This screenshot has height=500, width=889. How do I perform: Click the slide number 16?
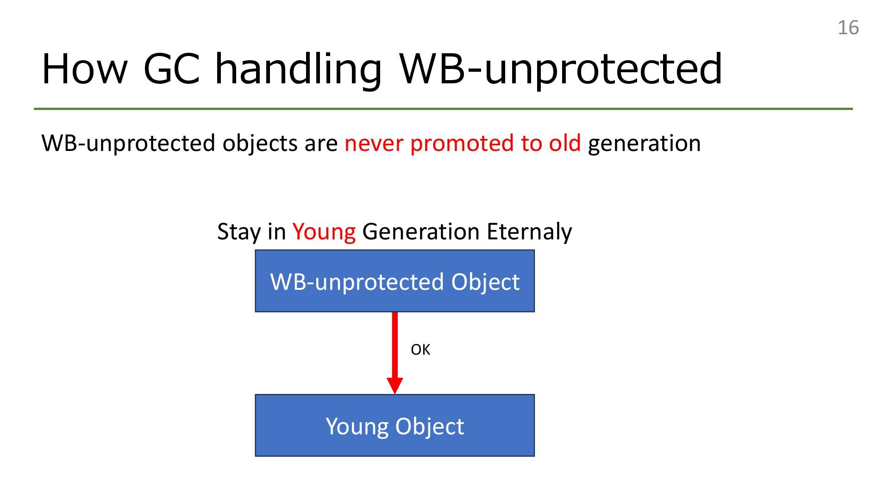(x=848, y=28)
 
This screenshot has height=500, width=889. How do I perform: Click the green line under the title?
(x=443, y=109)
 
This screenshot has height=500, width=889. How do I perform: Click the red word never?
(x=374, y=144)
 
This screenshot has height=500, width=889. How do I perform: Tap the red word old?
(x=564, y=143)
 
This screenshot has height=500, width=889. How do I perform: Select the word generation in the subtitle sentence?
(x=644, y=144)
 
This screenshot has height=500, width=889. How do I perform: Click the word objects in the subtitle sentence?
(x=260, y=144)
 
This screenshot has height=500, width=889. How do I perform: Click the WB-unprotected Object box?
(x=395, y=281)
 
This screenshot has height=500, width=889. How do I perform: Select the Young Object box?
(x=395, y=425)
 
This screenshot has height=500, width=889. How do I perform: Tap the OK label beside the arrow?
(x=420, y=350)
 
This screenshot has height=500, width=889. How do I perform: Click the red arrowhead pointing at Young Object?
(x=395, y=386)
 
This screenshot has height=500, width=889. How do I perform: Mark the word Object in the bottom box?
(x=430, y=427)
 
